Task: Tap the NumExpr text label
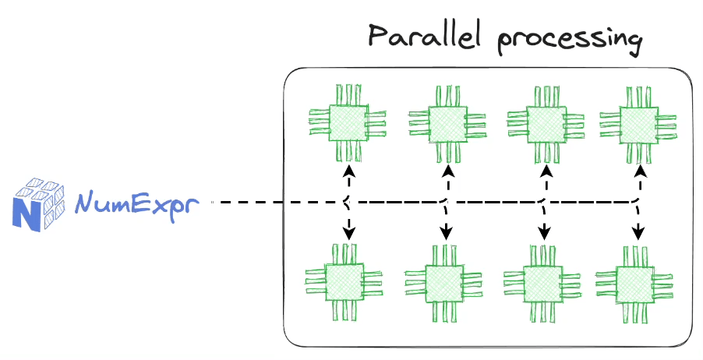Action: click(137, 203)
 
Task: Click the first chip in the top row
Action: click(348, 122)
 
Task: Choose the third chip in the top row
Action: click(544, 123)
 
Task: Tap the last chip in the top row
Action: click(638, 123)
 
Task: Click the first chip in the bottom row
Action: click(344, 282)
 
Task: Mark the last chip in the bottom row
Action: click(636, 284)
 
